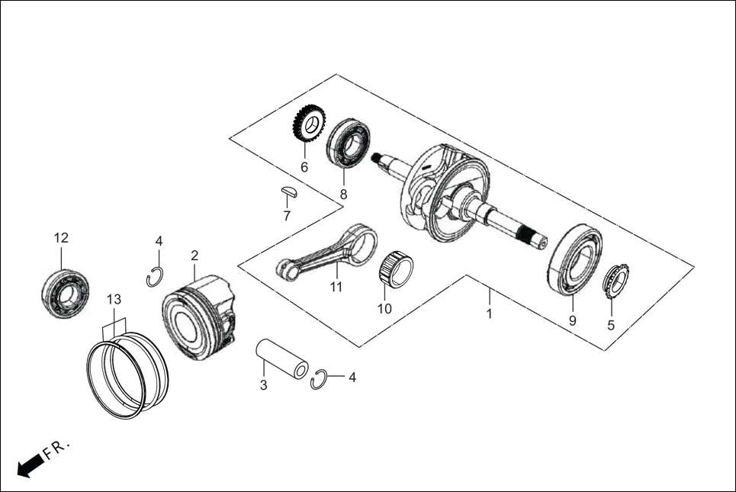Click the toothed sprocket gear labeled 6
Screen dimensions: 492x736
pyautogui.click(x=309, y=127)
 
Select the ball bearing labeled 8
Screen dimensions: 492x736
pyautogui.click(x=348, y=142)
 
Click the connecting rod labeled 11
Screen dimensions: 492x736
pyautogui.click(x=328, y=255)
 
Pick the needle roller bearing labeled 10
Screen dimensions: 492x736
pyautogui.click(x=396, y=269)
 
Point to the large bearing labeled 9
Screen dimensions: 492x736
pyautogui.click(x=574, y=259)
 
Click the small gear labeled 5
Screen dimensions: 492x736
pyautogui.click(x=615, y=281)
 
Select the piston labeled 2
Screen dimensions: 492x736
pyautogui.click(x=198, y=317)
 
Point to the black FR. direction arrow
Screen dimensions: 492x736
pyautogui.click(x=29, y=465)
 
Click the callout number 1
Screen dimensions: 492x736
pyautogui.click(x=490, y=314)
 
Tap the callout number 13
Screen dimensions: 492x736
pyautogui.click(x=114, y=298)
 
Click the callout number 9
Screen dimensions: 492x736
pyautogui.click(x=572, y=321)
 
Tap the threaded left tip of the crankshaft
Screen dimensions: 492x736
pyautogui.click(x=377, y=158)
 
